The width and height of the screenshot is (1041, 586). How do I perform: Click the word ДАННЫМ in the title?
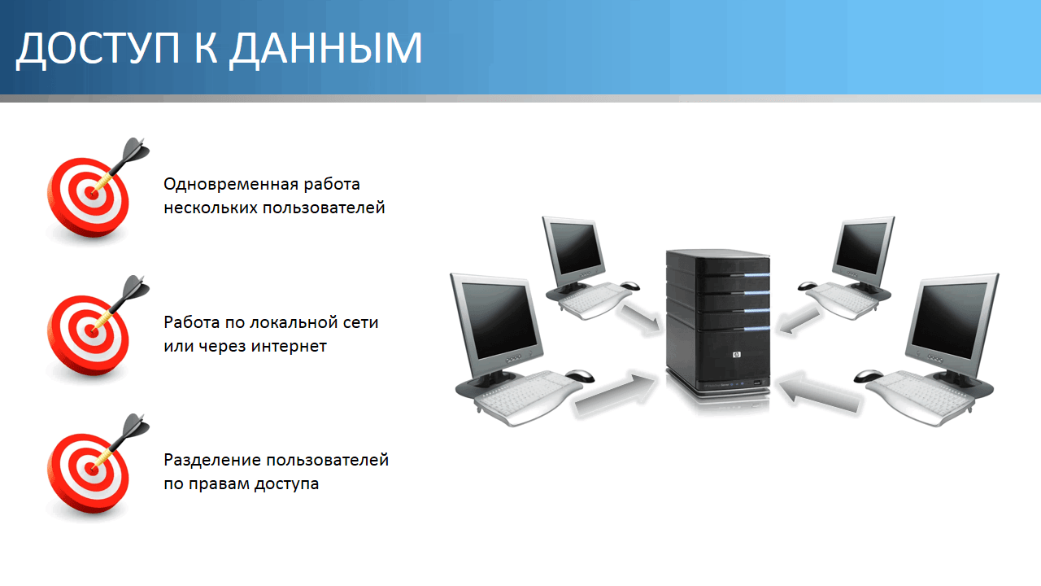click(x=325, y=49)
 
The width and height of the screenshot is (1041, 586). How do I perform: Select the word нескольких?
click(x=210, y=208)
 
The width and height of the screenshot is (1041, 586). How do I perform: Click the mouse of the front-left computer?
click(x=579, y=375)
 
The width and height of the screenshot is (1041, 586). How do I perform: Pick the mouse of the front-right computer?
click(x=869, y=375)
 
